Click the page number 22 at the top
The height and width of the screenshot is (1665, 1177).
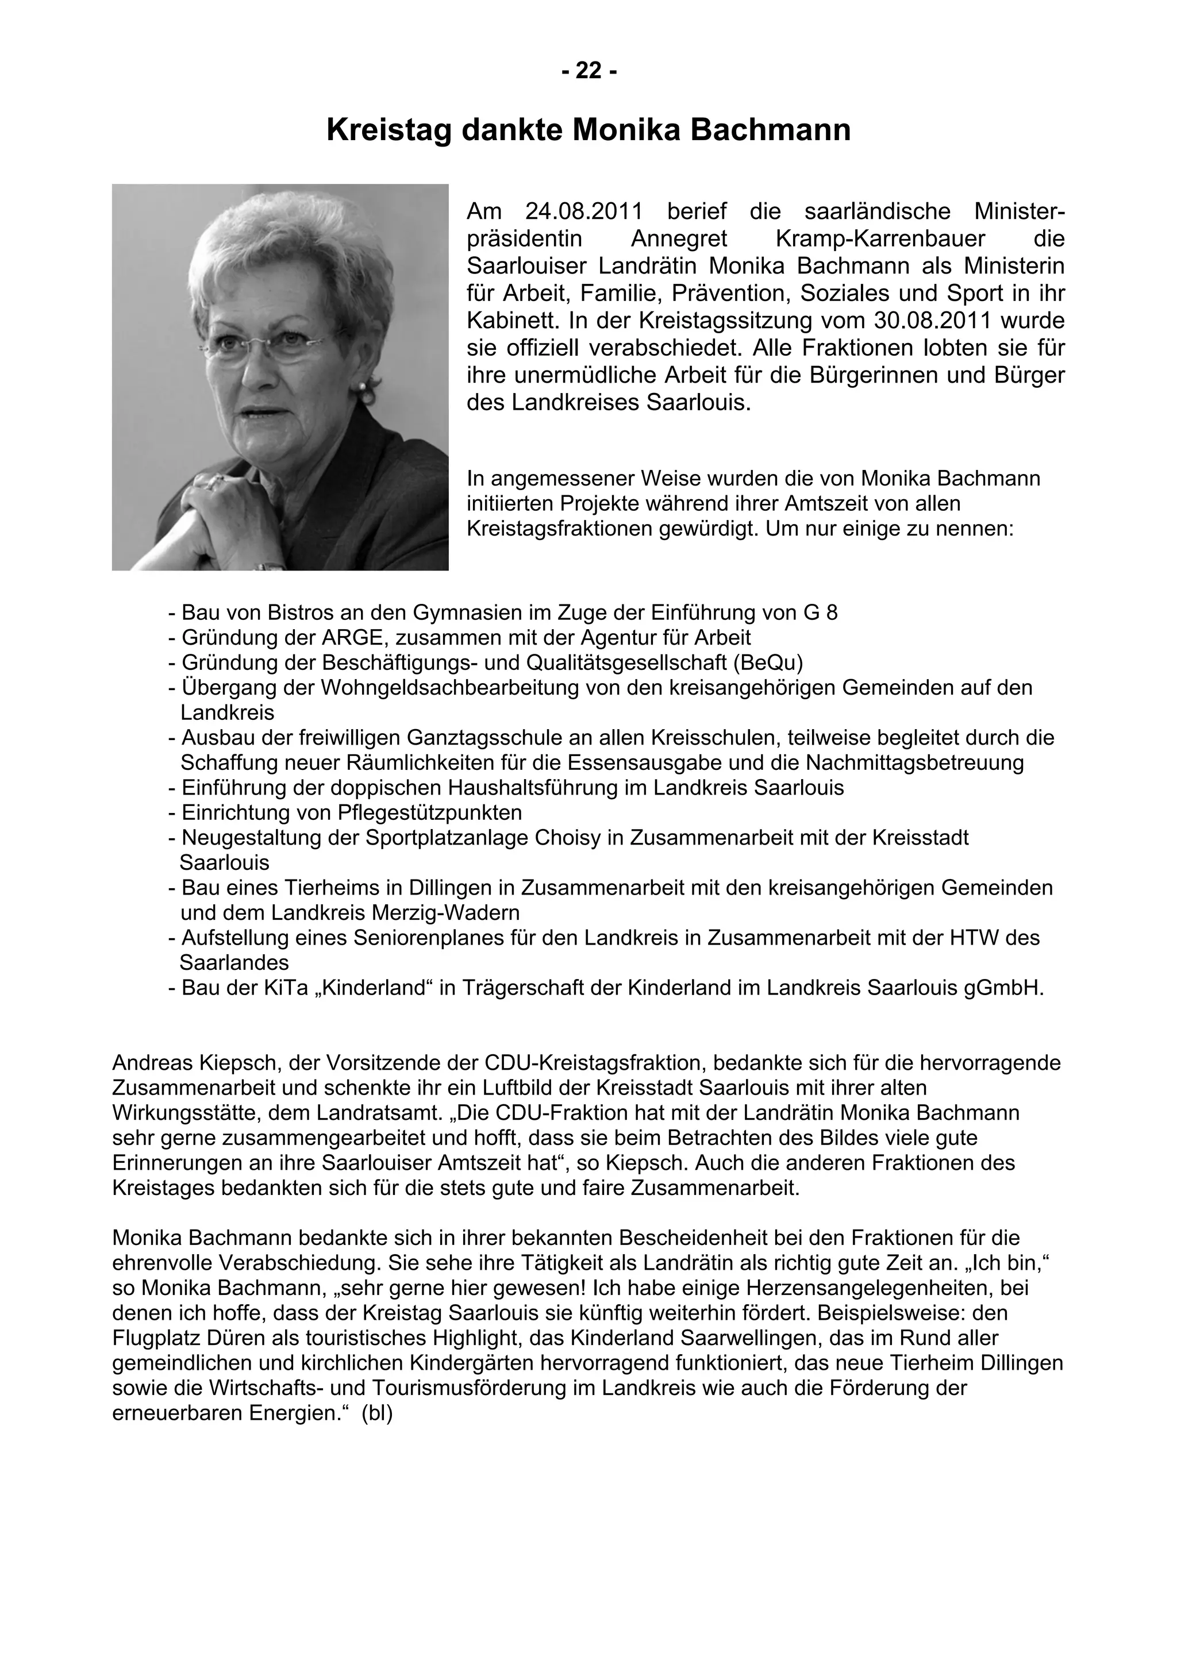[x=588, y=71]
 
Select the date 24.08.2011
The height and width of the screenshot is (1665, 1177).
[x=584, y=212]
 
